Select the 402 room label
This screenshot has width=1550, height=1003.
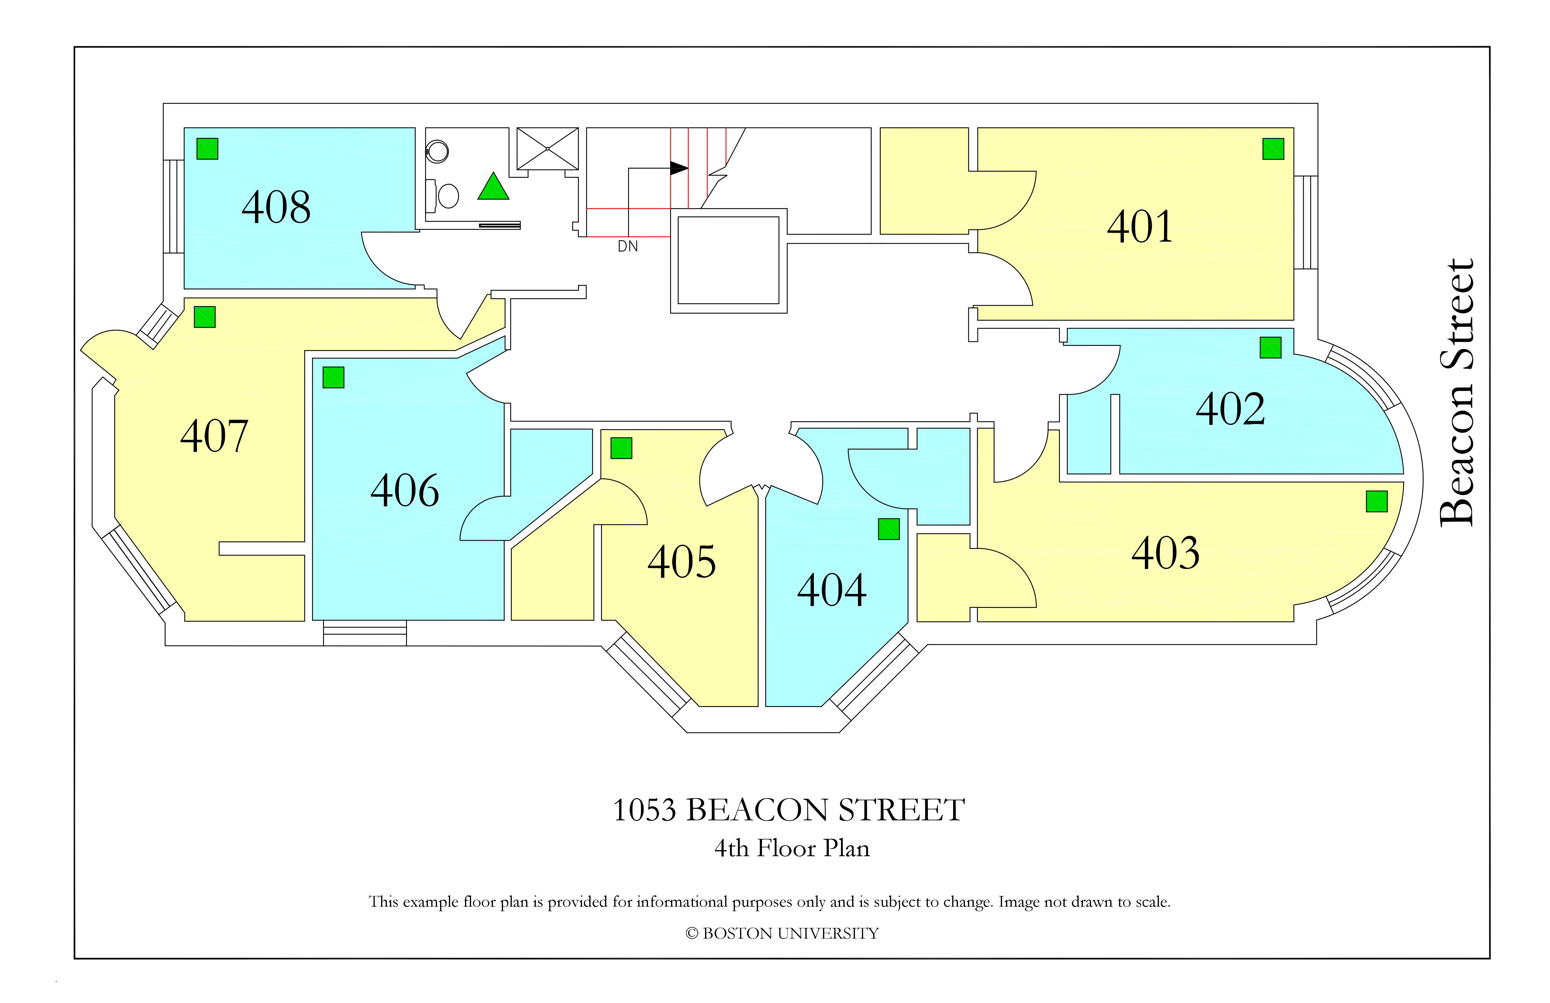pyautogui.click(x=1230, y=409)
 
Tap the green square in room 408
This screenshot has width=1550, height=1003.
pyautogui.click(x=207, y=149)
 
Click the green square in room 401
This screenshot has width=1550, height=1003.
pyautogui.click(x=1273, y=149)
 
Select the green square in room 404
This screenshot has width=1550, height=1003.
pyautogui.click(x=889, y=529)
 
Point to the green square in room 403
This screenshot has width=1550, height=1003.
pyautogui.click(x=1377, y=501)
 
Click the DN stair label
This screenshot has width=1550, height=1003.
pyautogui.click(x=628, y=246)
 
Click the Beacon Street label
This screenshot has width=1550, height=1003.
pyautogui.click(x=1456, y=393)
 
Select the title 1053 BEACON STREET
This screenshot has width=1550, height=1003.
pyautogui.click(x=789, y=810)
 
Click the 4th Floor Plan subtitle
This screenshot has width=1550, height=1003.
pyautogui.click(x=792, y=848)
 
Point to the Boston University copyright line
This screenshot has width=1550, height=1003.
pyautogui.click(x=782, y=933)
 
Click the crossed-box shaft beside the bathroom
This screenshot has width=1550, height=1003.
pyautogui.click(x=548, y=149)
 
